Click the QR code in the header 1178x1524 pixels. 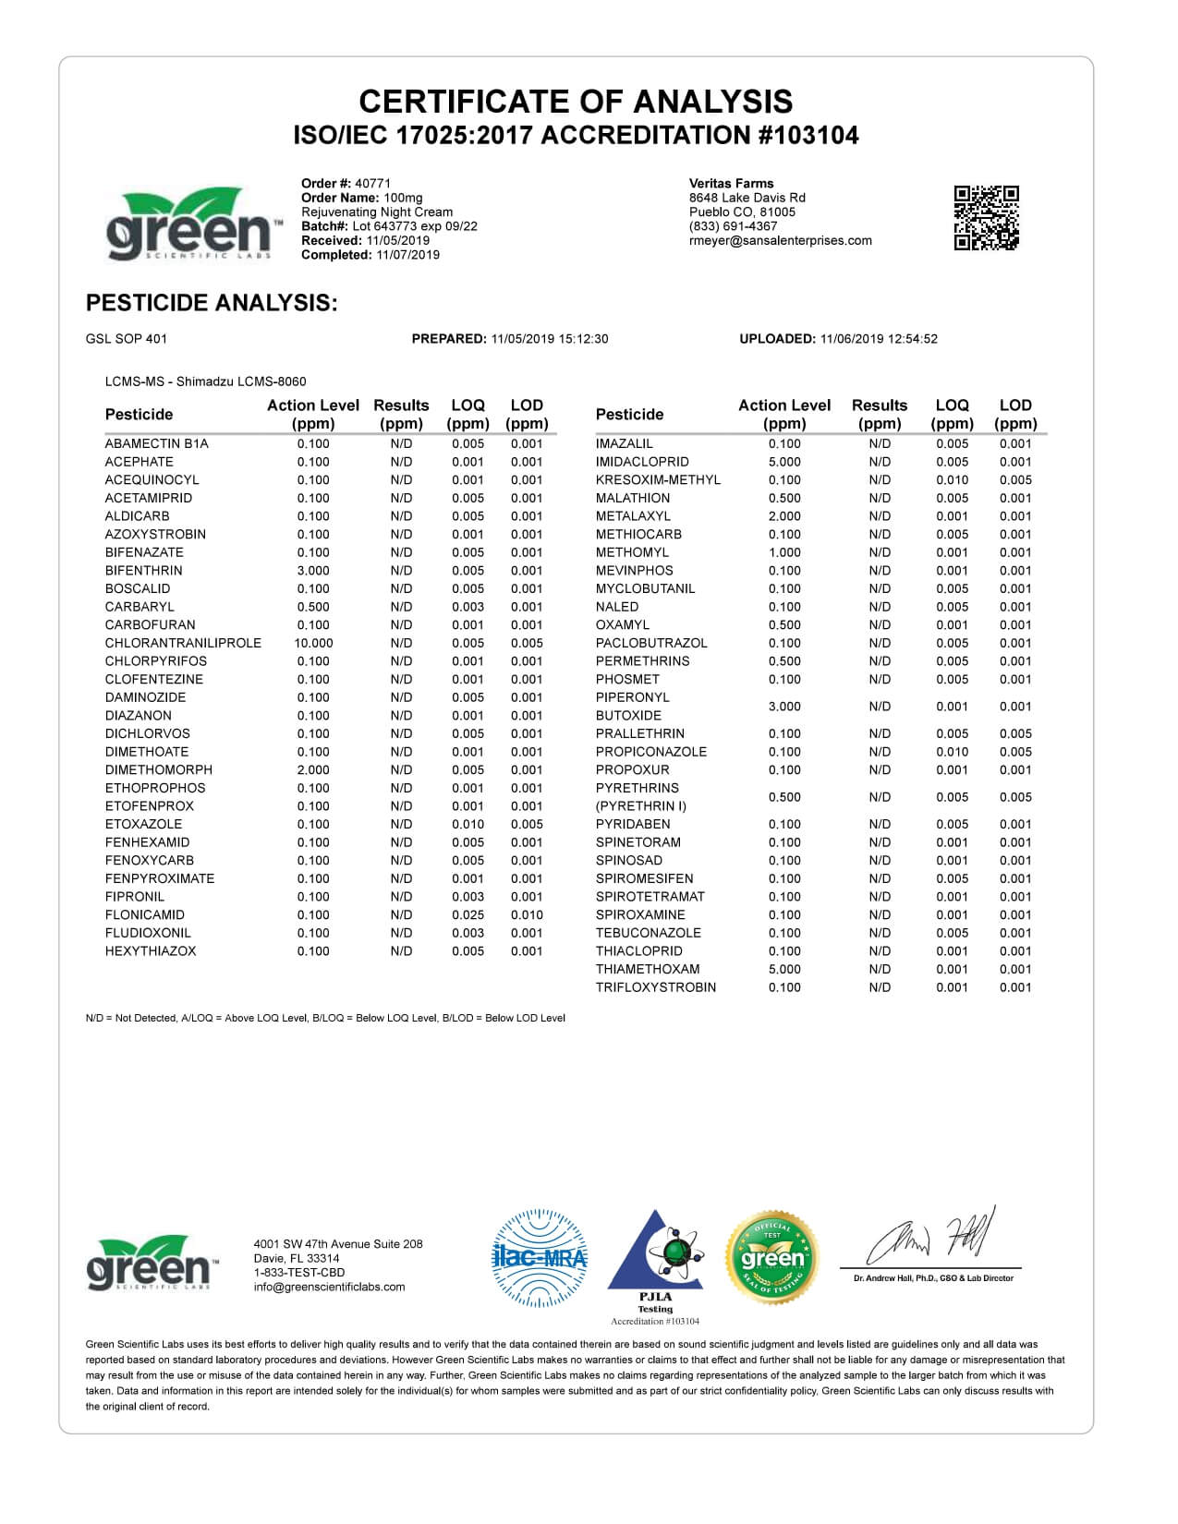pos(986,217)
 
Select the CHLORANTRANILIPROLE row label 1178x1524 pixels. pos(183,643)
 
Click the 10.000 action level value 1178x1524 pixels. pos(313,643)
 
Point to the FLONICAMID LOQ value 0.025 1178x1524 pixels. pos(468,914)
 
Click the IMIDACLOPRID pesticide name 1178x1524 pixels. pos(642,462)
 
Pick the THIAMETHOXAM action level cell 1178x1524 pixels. pos(784,969)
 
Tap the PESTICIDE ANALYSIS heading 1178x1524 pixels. pos(211,303)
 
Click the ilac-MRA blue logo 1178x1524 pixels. pos(540,1257)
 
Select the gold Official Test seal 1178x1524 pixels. pos(772,1256)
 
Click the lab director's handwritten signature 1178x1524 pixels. pos(929,1238)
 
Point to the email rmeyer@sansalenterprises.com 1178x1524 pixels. pos(781,240)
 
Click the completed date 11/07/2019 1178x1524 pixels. pos(407,255)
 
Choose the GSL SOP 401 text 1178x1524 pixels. pos(127,339)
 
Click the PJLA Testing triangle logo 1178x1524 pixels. pos(655,1256)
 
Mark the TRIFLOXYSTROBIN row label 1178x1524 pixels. pos(656,987)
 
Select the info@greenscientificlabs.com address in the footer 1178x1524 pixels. pos(329,1287)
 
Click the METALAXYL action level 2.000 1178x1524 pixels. pos(784,516)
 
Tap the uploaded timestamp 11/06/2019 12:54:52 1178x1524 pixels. pos(878,339)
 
